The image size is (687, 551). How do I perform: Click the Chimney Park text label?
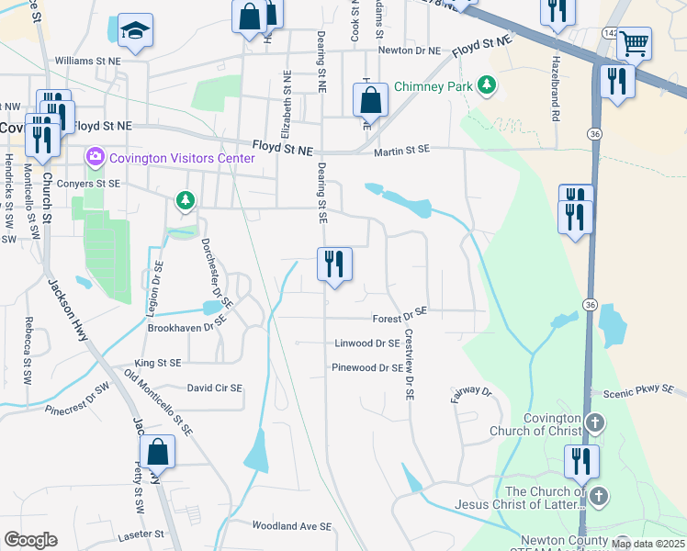(x=434, y=87)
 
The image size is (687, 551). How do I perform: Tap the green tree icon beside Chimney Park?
(x=486, y=87)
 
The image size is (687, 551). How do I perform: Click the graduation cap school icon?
(x=135, y=30)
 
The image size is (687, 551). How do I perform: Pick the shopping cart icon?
(x=634, y=41)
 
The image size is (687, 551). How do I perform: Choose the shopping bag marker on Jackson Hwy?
(x=157, y=453)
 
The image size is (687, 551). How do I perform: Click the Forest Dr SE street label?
(x=400, y=319)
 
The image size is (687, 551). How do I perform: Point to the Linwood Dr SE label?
(x=366, y=343)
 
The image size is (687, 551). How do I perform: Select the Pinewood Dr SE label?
(x=367, y=367)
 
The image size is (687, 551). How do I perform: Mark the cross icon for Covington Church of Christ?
(x=596, y=424)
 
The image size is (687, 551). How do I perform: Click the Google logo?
(x=30, y=540)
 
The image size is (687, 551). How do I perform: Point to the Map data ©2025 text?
(x=648, y=544)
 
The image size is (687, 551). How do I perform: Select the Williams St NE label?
(x=88, y=60)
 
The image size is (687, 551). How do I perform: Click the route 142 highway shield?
(x=610, y=32)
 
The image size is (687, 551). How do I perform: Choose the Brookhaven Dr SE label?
(x=186, y=327)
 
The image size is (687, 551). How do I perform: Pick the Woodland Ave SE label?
(x=291, y=526)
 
